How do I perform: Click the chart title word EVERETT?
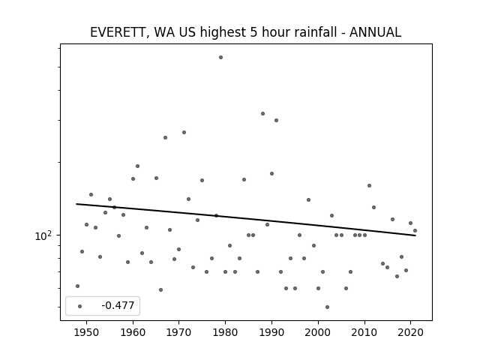pos(117,32)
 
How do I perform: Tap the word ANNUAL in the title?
pos(375,32)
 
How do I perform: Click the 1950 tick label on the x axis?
pos(87,332)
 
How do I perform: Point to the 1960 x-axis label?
pos(133,332)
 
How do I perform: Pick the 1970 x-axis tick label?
pos(178,332)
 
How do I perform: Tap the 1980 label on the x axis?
pos(225,332)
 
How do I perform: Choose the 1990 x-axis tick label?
pos(271,332)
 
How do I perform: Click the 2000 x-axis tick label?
pos(318,332)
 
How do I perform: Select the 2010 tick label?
pos(364,332)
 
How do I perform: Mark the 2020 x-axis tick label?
pos(410,332)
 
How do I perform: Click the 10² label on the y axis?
pos(43,235)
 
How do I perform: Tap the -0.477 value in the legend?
pos(118,305)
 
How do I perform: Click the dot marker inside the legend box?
pos(80,306)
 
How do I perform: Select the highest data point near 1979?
pos(220,57)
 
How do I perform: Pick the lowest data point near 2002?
pos(327,307)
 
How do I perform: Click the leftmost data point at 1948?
pos(77,286)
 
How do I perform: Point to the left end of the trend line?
pos(76,204)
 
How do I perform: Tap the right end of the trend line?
pos(415,235)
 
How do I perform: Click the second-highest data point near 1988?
pos(262,113)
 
